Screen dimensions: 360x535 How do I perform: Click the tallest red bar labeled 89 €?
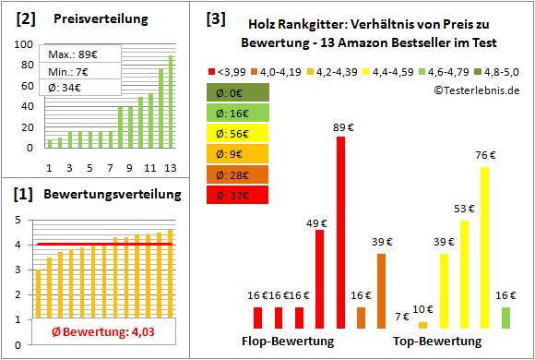pyautogui.click(x=340, y=232)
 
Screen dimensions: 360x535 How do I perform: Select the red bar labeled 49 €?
pyautogui.click(x=319, y=279)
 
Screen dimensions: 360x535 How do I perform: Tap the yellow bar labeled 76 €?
pyautogui.click(x=485, y=247)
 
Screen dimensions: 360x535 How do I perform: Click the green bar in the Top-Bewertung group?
pyautogui.click(x=505, y=318)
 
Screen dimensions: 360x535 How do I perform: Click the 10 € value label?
pyautogui.click(x=423, y=309)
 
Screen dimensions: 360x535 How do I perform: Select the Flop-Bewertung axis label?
pyautogui.click(x=287, y=341)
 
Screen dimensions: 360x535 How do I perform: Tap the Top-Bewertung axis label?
pyautogui.click(x=437, y=341)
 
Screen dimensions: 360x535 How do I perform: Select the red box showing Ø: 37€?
pyautogui.click(x=238, y=194)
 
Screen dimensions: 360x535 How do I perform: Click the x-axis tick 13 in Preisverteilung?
pyautogui.click(x=169, y=167)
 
